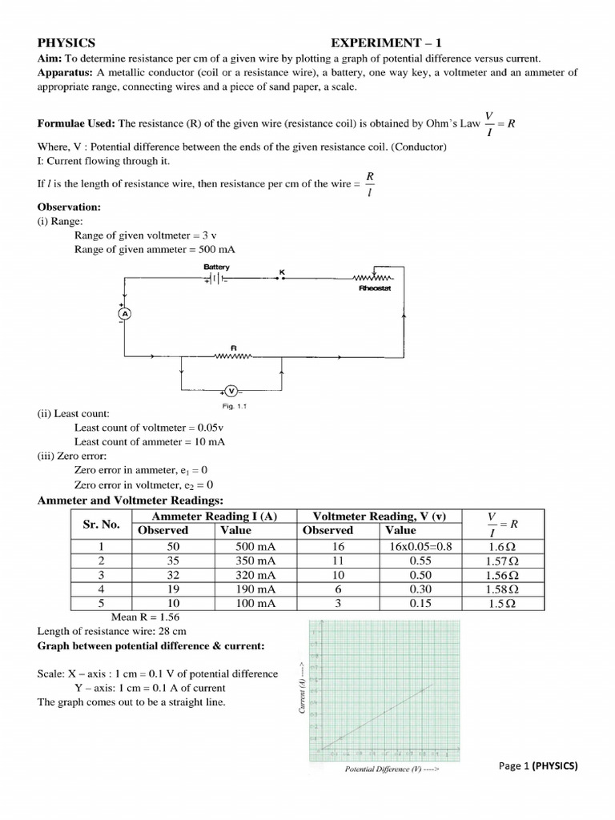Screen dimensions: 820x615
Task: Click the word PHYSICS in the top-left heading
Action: click(66, 42)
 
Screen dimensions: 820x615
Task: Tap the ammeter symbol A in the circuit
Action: click(124, 315)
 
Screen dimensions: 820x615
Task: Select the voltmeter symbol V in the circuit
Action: click(231, 391)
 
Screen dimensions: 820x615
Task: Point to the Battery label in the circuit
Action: click(216, 267)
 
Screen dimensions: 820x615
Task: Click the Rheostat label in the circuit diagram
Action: click(374, 288)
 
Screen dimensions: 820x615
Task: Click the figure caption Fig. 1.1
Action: click(234, 406)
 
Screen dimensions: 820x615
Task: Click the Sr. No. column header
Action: click(101, 524)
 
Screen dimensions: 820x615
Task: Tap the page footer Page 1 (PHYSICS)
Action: click(537, 766)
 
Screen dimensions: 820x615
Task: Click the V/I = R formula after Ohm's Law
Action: click(501, 123)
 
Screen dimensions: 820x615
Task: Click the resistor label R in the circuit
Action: click(233, 348)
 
